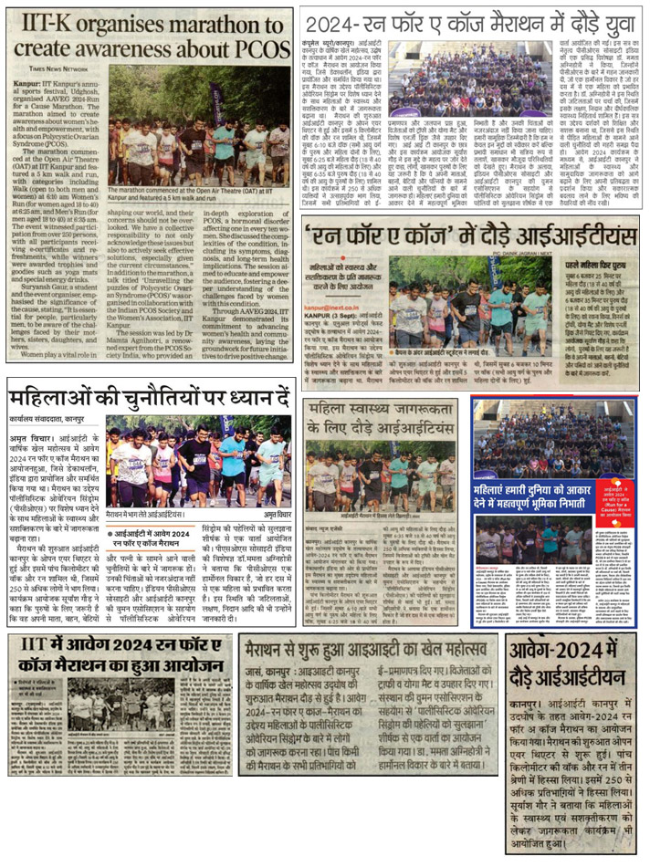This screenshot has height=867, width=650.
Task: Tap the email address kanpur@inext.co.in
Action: [339, 309]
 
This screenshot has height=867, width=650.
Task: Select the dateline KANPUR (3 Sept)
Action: [335, 319]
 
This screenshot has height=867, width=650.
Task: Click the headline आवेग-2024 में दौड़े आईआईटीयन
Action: [575, 665]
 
